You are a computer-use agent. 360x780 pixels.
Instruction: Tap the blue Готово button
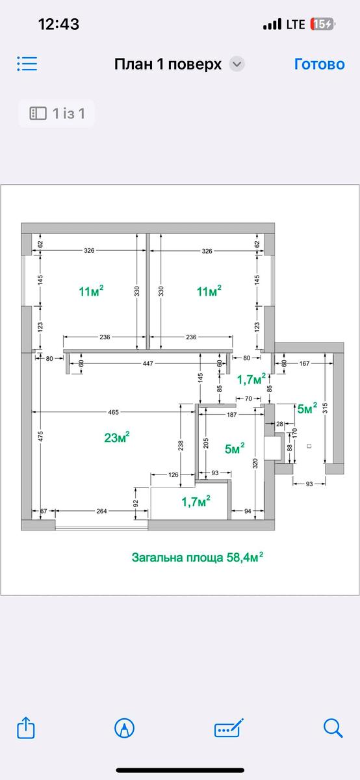coord(319,64)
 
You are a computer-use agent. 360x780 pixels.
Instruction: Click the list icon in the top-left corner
coord(27,64)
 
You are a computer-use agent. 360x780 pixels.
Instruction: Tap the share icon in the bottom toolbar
coord(26,727)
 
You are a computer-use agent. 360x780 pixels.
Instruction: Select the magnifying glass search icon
coord(333,727)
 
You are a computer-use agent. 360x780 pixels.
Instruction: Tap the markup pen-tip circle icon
coord(124,728)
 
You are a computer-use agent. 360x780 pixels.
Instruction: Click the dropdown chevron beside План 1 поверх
coord(237,64)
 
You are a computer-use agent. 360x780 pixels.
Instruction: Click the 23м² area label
coord(117,437)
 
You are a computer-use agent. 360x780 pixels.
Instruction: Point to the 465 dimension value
coord(114,412)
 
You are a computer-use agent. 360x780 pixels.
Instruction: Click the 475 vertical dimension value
coord(40,436)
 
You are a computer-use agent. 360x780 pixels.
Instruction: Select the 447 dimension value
coord(148,363)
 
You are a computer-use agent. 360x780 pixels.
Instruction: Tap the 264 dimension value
coord(101,511)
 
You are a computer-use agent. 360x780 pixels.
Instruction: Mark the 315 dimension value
coord(325,408)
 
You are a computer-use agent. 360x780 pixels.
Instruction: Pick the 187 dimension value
coord(231,415)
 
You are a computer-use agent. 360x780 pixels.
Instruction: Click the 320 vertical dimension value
coord(255,463)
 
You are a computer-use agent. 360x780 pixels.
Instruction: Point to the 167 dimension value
coord(304,363)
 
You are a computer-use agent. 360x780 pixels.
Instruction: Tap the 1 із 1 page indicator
coord(69,114)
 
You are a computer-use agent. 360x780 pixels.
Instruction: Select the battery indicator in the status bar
coord(322,25)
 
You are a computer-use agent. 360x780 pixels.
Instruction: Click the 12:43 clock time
coord(58,25)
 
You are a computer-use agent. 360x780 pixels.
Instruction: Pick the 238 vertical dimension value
coord(181,445)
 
